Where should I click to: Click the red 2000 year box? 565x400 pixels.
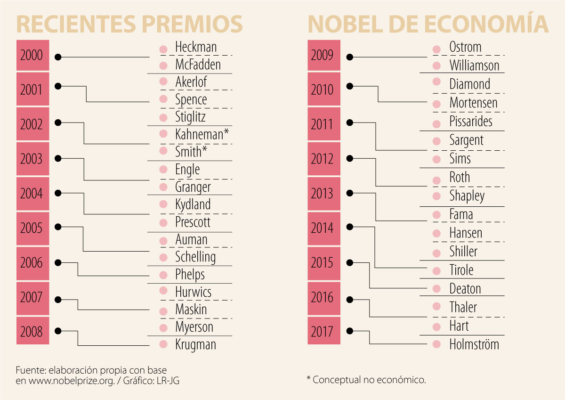[x=32, y=56]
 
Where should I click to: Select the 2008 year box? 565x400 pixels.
[x=32, y=332]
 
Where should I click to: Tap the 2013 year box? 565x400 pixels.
[x=323, y=194]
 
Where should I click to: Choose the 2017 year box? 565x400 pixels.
[x=323, y=332]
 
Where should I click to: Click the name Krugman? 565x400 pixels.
[x=195, y=344]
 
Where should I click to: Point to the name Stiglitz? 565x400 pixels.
[x=190, y=116]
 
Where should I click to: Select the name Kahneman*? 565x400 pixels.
[x=202, y=134]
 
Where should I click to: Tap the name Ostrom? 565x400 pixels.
[x=465, y=47]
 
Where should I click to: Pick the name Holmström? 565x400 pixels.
[x=474, y=344]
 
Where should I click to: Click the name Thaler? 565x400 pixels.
[x=463, y=307]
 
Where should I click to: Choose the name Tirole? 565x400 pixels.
[x=461, y=270]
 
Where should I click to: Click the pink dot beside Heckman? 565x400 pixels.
[x=163, y=49]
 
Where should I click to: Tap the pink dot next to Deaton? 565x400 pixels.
[x=436, y=288]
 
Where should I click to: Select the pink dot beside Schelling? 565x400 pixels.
[x=163, y=257]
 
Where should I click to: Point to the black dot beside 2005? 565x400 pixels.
[x=58, y=227]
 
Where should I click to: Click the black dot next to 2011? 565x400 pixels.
[x=349, y=122]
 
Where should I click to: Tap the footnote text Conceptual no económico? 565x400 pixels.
[x=369, y=380]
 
